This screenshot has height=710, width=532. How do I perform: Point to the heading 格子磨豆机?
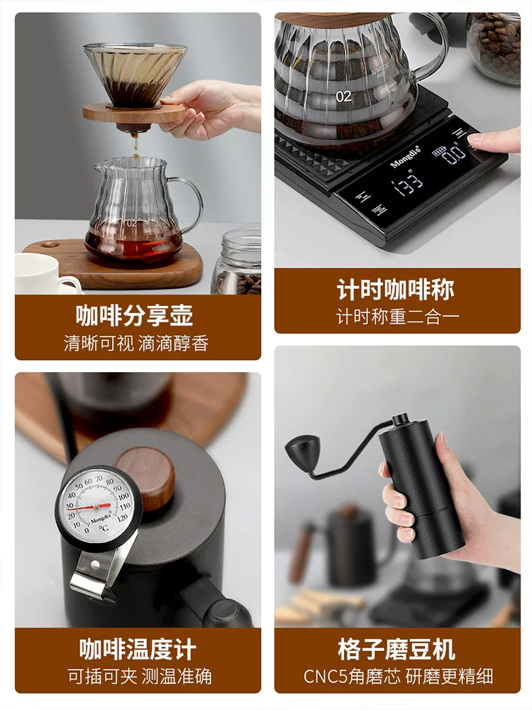[397, 649]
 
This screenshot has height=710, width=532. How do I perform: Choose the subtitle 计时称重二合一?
[397, 317]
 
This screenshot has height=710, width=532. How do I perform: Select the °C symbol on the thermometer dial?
[104, 528]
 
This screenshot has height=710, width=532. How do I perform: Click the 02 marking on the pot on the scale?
[343, 97]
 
